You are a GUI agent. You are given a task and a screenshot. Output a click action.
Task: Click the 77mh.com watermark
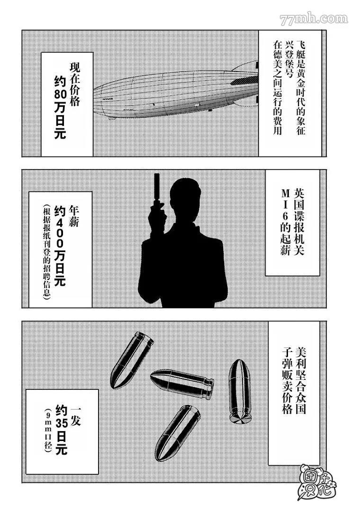(x=314, y=19)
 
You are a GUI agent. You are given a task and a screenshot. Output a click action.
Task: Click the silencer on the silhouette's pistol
(x=156, y=186)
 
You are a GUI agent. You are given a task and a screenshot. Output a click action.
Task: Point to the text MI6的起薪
(x=285, y=223)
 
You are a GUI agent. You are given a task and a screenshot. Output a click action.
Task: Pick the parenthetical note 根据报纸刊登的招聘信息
(x=46, y=251)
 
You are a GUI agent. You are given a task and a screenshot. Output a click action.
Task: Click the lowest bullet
(x=177, y=433)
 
